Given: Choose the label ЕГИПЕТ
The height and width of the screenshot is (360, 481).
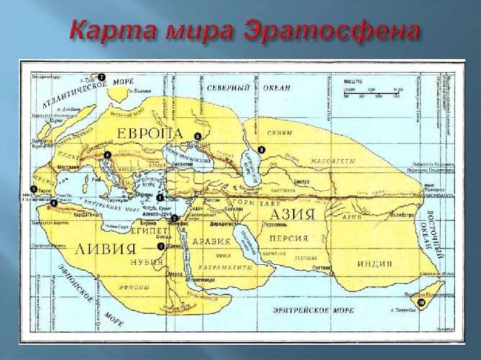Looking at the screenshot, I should point(150,234).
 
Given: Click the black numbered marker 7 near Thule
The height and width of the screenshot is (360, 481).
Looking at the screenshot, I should point(102,76).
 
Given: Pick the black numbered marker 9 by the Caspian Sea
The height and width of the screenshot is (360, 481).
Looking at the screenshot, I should point(261,149).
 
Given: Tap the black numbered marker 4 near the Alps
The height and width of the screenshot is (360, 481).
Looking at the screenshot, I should point(107,154).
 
